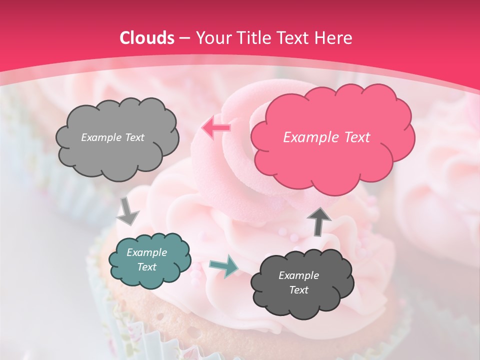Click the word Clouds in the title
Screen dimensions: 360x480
(x=147, y=38)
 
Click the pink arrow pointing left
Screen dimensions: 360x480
(x=216, y=128)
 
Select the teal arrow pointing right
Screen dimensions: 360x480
(x=223, y=266)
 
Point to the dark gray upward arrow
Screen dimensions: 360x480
(x=319, y=221)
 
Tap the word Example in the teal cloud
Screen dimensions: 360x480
(x=146, y=252)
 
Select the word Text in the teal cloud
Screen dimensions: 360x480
(x=146, y=267)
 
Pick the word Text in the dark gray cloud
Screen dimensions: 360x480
(x=298, y=290)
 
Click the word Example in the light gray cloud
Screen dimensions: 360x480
(x=100, y=137)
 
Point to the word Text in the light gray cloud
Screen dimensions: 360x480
(x=133, y=137)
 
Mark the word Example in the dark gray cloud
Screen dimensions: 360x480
(x=298, y=275)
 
